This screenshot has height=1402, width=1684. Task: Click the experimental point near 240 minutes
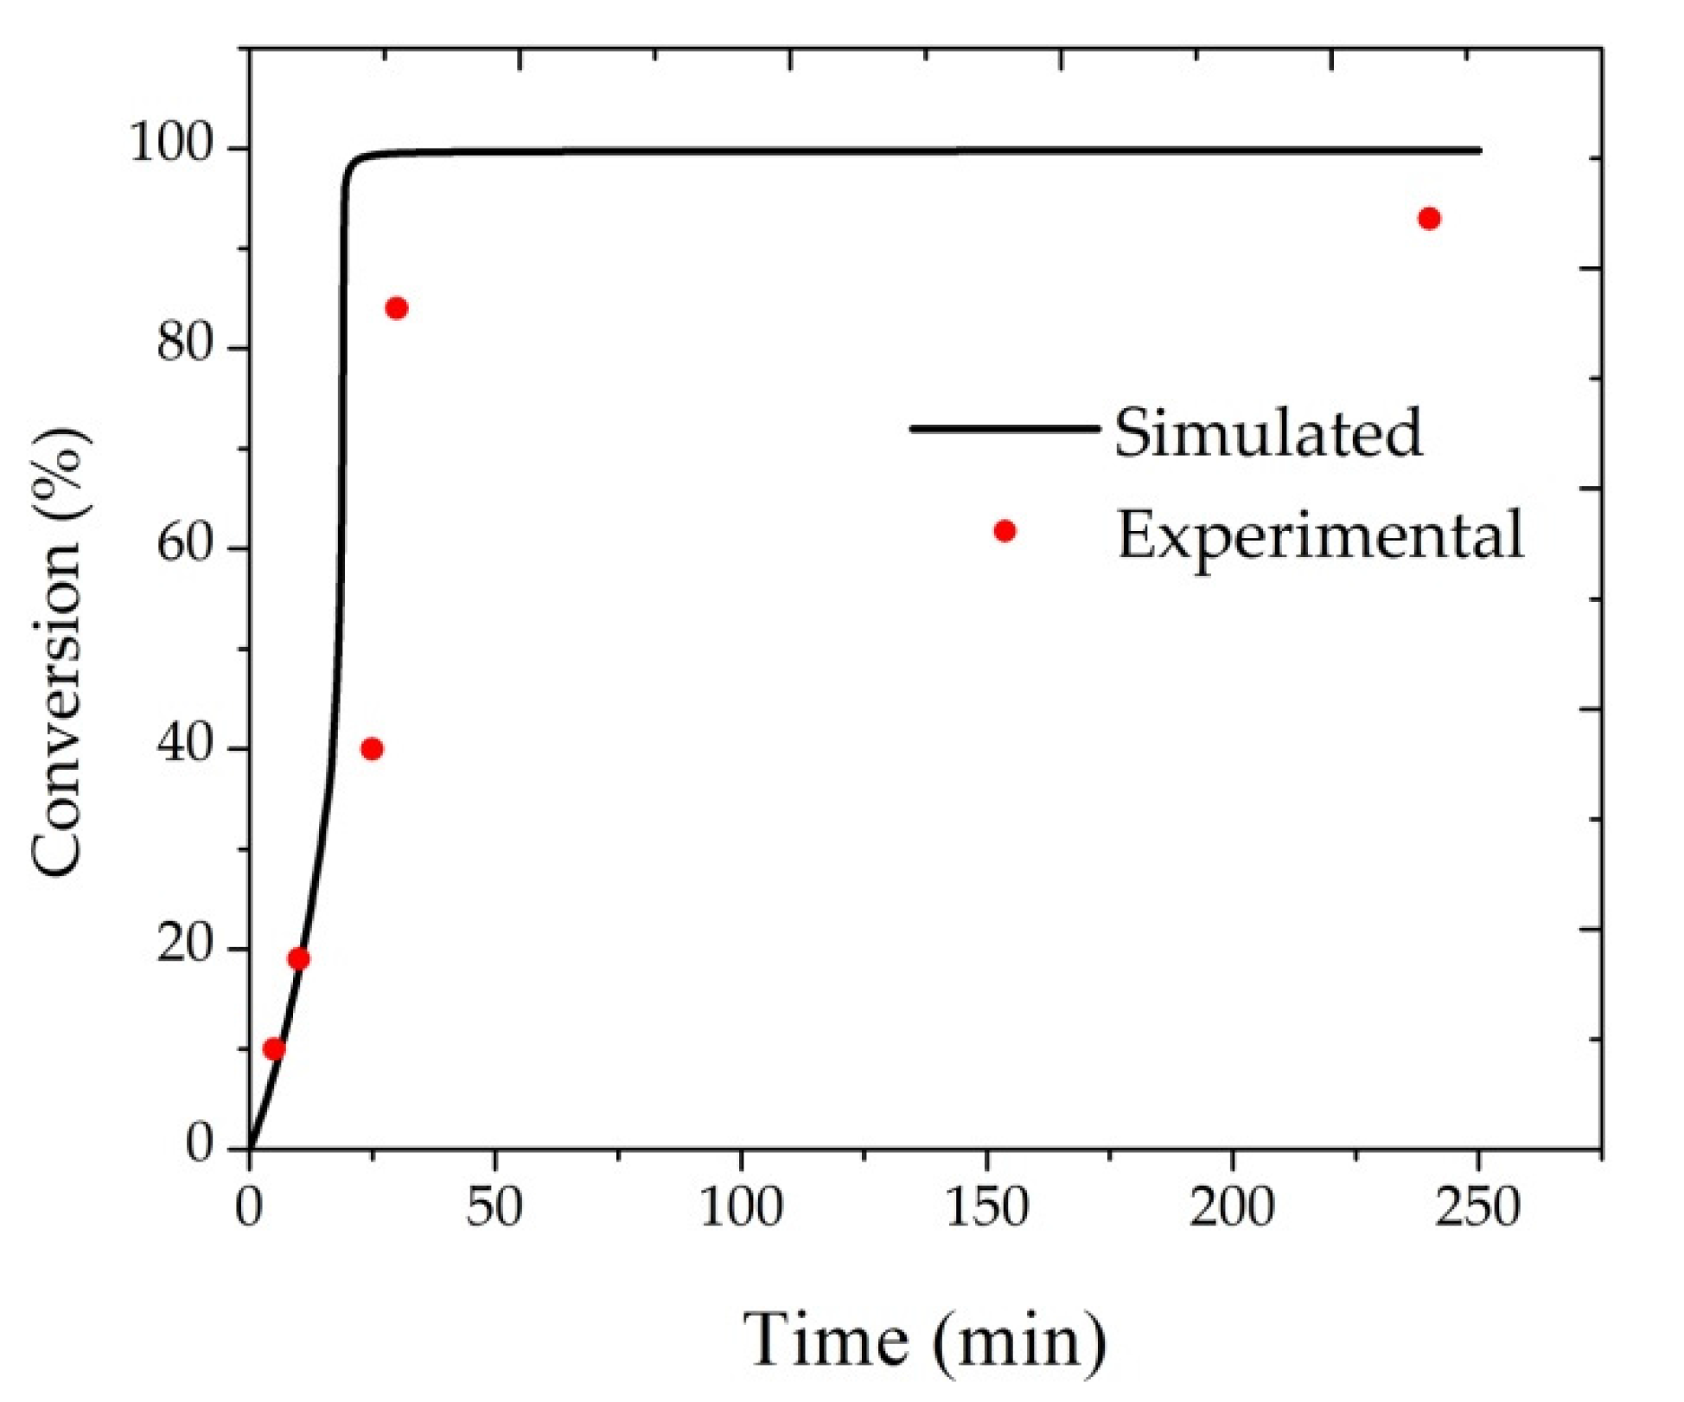tap(1429, 219)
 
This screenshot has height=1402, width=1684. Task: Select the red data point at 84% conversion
tap(397, 309)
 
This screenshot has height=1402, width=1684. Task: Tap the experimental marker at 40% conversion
tap(372, 749)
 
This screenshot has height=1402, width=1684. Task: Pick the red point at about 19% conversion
tap(298, 959)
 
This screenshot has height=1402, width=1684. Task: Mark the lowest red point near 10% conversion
tap(274, 1049)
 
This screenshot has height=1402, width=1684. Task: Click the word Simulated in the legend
tap(1267, 432)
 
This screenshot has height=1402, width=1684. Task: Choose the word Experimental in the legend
tap(1320, 535)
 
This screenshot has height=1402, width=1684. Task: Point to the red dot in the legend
tap(1005, 531)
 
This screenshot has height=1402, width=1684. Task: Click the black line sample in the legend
tap(1005, 428)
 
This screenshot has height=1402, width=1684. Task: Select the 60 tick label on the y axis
tap(184, 547)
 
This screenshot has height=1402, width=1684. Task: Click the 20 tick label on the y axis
tap(184, 947)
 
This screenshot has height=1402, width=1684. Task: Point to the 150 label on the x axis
tap(986, 1207)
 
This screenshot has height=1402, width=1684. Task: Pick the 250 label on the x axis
tap(1477, 1207)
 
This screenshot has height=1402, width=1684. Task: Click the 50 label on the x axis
tap(494, 1207)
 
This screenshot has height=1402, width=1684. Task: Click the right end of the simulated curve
tap(1479, 150)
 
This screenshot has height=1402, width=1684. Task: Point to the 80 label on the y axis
tap(184, 345)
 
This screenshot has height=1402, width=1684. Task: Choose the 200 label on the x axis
tap(1232, 1207)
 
